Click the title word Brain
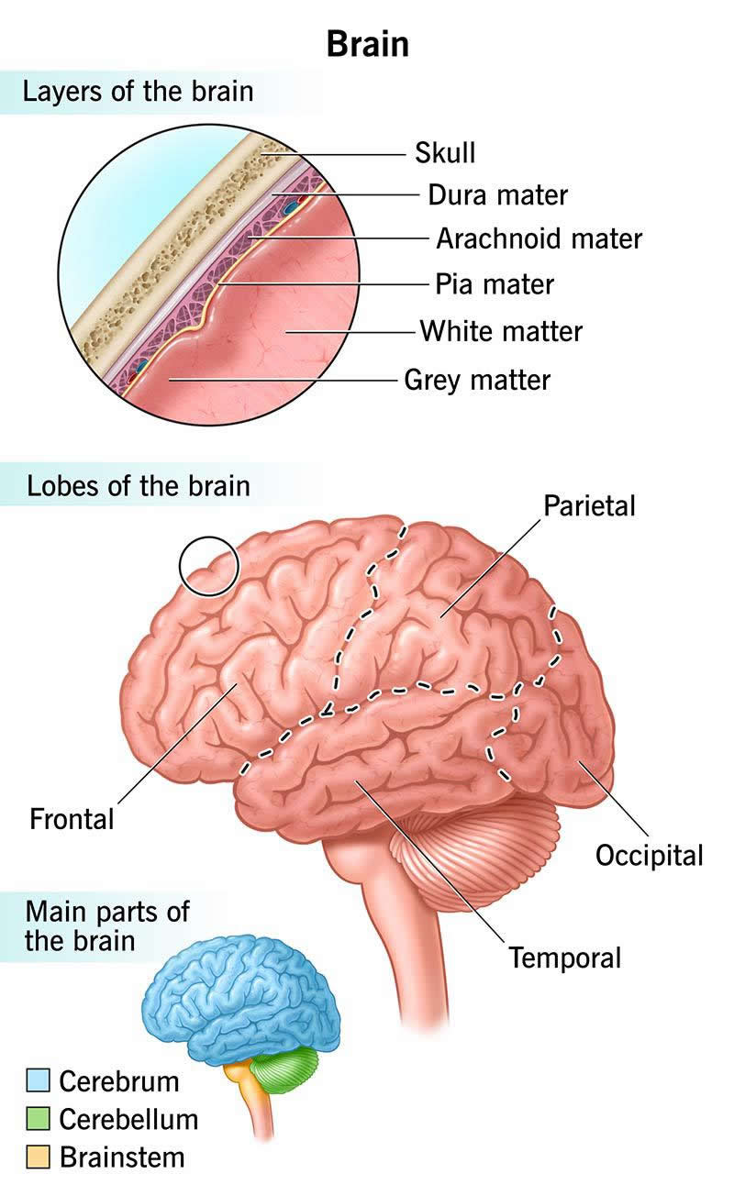click(367, 44)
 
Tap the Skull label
click(445, 152)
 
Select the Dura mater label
click(498, 195)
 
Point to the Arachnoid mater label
click(539, 239)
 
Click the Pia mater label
click(495, 283)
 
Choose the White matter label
click(501, 330)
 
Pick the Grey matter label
click(477, 379)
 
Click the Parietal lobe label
click(589, 505)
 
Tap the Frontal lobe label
click(72, 818)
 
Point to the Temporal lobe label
click(565, 958)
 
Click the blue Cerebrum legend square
click(38, 1080)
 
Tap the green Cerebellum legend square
click(38, 1119)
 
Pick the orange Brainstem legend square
click(38, 1157)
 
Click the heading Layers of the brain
click(138, 93)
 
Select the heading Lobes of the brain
click(138, 485)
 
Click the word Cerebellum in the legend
click(128, 1119)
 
